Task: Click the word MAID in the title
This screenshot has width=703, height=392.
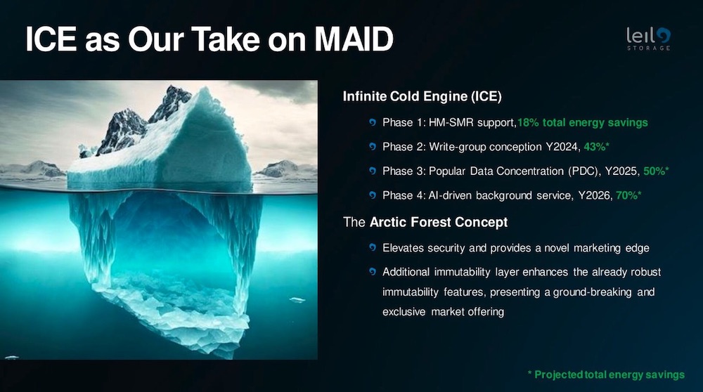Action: (354, 39)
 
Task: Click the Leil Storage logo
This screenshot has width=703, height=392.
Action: (648, 39)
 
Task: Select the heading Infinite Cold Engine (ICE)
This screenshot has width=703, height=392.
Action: (423, 96)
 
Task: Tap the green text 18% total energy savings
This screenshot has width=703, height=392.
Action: (583, 123)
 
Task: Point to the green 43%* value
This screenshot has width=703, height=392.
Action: (596, 147)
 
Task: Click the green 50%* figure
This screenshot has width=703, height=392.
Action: (656, 171)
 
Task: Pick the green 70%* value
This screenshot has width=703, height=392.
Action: (628, 195)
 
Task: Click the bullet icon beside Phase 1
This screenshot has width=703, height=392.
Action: (372, 122)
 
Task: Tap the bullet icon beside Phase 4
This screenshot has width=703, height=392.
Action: (372, 195)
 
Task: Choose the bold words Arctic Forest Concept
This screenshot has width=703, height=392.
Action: (439, 222)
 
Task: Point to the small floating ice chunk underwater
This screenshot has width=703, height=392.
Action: (297, 300)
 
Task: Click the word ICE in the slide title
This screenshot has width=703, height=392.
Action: (51, 39)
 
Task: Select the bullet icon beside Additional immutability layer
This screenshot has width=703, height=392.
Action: (372, 271)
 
